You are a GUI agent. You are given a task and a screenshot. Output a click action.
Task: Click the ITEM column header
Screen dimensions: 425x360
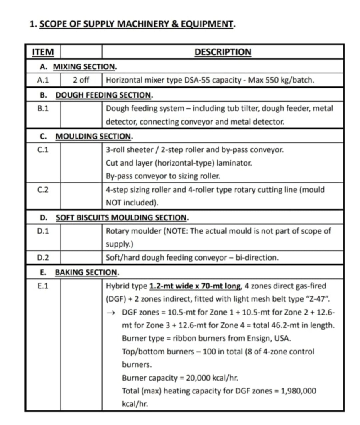(x=43, y=52)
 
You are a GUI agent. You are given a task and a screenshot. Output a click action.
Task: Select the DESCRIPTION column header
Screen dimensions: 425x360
(x=223, y=52)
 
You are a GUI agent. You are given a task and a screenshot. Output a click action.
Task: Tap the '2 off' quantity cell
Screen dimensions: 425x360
(x=81, y=80)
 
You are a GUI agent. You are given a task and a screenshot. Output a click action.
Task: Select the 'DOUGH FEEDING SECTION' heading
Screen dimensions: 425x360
(x=104, y=95)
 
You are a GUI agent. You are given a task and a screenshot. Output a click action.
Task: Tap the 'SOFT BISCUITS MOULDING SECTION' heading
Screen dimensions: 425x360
(x=121, y=217)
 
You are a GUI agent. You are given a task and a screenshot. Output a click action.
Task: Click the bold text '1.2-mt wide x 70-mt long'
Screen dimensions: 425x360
(x=195, y=286)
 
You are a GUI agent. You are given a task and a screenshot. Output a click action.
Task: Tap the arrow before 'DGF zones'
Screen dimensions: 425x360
(x=110, y=313)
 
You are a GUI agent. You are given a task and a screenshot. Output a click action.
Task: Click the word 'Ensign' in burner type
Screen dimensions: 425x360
(x=260, y=338)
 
